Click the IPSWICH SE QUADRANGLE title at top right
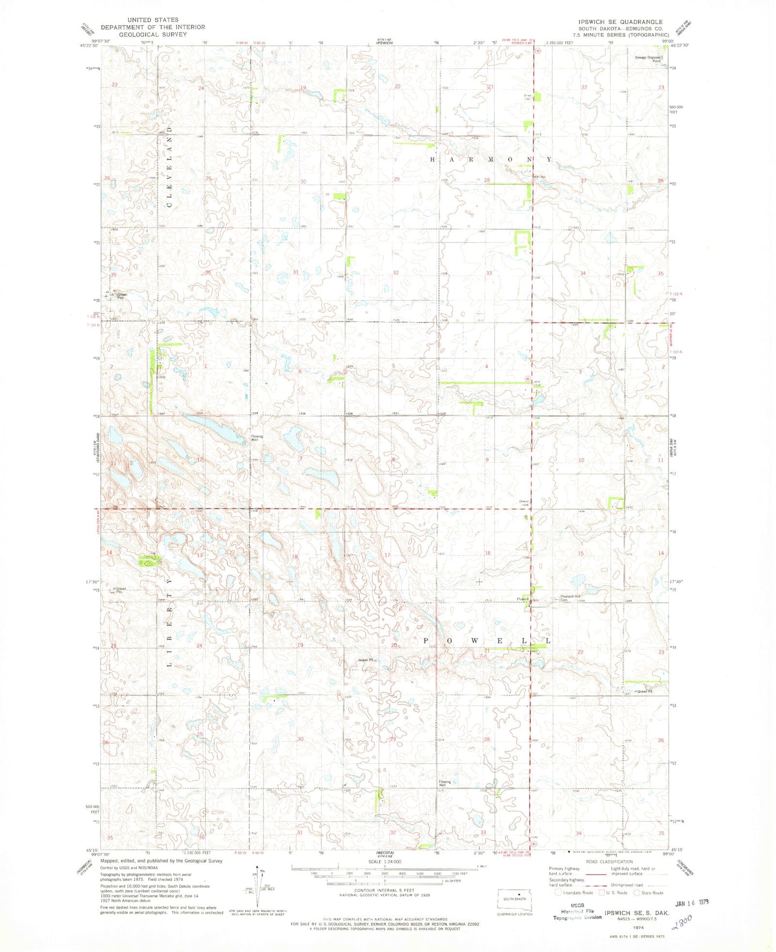[618, 21]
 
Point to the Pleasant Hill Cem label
[570, 598]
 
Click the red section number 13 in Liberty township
[200, 555]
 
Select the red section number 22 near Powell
[580, 652]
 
